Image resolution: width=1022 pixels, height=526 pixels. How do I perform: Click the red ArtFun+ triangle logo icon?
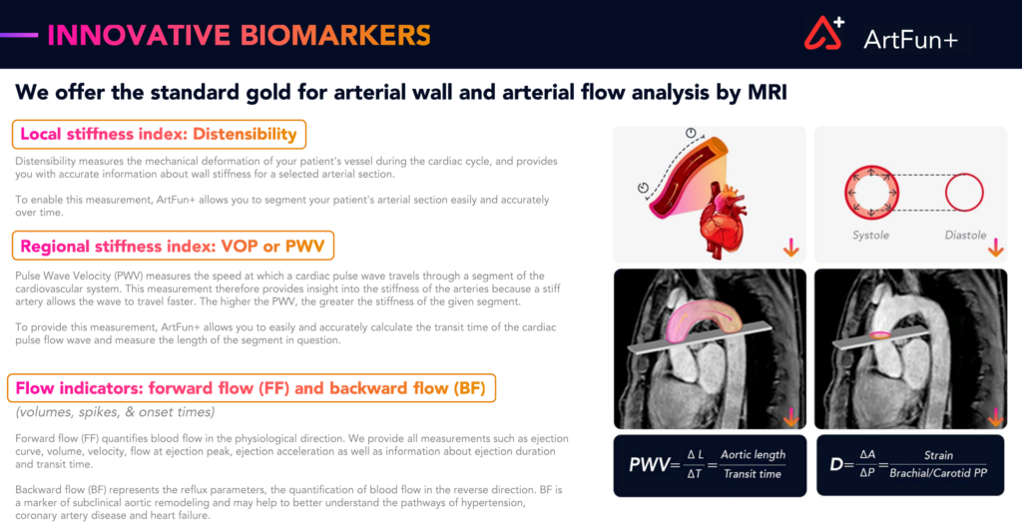click(x=823, y=33)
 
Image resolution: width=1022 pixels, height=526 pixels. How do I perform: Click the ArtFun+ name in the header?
click(x=910, y=40)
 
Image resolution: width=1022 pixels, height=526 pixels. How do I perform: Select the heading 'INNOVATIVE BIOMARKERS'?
click(x=240, y=35)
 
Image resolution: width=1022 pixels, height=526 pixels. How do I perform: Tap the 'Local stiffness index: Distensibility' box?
click(x=159, y=135)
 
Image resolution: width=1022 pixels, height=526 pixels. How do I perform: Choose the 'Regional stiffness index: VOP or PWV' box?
click(x=173, y=246)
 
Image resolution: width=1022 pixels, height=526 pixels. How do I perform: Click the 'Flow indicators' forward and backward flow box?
click(x=251, y=388)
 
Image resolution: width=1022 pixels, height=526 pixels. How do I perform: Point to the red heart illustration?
click(x=723, y=219)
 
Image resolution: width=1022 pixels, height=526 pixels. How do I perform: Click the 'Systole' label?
click(x=870, y=236)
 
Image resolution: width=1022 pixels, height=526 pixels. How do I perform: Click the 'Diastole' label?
click(x=965, y=236)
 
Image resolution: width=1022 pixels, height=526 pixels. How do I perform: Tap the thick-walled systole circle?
click(x=846, y=193)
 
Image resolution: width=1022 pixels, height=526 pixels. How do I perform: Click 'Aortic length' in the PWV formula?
click(x=753, y=455)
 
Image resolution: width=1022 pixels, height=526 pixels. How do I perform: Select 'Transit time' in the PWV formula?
click(x=753, y=474)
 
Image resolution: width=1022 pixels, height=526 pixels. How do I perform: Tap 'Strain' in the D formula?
click(x=938, y=455)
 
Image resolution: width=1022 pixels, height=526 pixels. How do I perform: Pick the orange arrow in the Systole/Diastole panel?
click(x=995, y=248)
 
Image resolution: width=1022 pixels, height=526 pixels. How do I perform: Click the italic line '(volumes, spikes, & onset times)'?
click(x=116, y=412)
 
